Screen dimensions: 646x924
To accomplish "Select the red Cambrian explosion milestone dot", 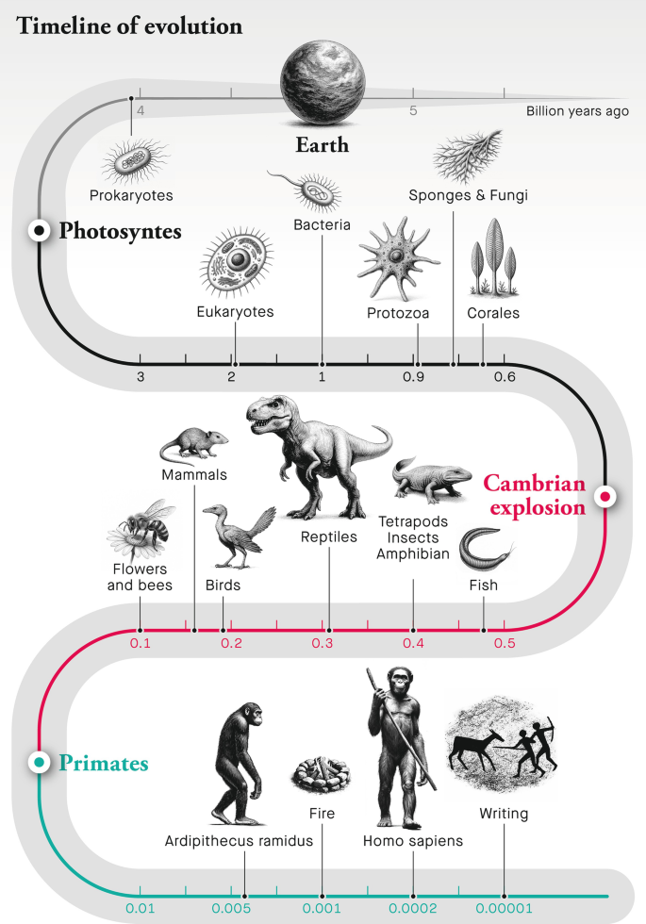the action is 605,495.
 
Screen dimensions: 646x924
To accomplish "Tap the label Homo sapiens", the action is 413,840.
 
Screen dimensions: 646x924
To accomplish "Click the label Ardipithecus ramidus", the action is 238,840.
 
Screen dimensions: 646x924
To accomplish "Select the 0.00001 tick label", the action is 503,909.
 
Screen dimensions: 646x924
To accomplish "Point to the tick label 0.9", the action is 413,377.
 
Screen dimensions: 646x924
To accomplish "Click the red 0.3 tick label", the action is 323,644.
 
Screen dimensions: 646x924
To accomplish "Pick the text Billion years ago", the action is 577,111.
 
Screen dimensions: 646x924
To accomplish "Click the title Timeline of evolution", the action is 129,25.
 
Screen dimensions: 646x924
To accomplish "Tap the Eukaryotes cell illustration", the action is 236,261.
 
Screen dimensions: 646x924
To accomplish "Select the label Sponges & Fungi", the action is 468,195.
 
